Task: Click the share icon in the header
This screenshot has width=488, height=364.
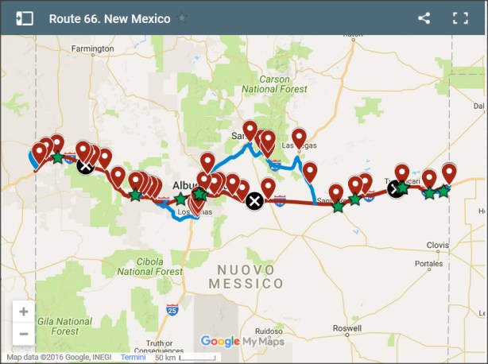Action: (x=424, y=18)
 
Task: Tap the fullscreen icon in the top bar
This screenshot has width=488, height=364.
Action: (x=460, y=18)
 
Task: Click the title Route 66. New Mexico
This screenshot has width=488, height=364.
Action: (x=110, y=18)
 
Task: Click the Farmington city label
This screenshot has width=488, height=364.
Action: (x=92, y=48)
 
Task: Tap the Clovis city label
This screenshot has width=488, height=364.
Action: (x=438, y=245)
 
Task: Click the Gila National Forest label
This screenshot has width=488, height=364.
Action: (x=55, y=325)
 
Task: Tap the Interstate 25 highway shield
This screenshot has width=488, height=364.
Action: (x=172, y=308)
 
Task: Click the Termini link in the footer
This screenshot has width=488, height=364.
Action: (x=133, y=358)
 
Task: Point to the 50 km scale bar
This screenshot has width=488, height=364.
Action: (x=184, y=358)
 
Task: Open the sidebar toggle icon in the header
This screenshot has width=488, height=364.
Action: (x=24, y=18)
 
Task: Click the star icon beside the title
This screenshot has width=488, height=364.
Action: (x=182, y=18)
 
